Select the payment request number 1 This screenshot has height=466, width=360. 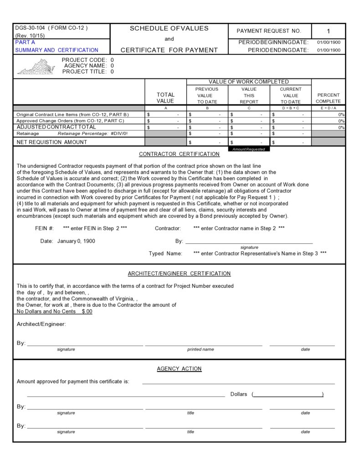pos(328,31)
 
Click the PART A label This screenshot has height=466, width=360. pos(25,42)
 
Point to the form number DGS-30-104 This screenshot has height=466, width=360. pos(30,28)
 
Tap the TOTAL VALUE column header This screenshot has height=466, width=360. pos(165,98)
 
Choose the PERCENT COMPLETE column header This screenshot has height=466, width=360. pos(328,98)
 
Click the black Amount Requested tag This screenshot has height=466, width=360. pos(249,149)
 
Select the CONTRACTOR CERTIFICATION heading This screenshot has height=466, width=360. pos(179,154)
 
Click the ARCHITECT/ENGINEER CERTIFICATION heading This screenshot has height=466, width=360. pos(179,274)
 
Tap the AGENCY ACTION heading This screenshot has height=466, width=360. pos(179,368)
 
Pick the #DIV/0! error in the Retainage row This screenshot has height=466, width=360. pos(119,134)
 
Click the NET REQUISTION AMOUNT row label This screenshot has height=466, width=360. pos(51,142)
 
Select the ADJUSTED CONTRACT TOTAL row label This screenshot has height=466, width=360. pos(56,127)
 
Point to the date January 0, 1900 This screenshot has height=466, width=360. pos(76,241)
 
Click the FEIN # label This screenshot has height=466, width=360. pos(45,228)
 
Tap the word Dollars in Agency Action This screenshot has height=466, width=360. pos(239,394)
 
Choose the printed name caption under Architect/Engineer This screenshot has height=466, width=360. pos(201,349)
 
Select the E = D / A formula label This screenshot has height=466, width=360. pos(328,108)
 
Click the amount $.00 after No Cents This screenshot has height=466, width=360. pos(87,311)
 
